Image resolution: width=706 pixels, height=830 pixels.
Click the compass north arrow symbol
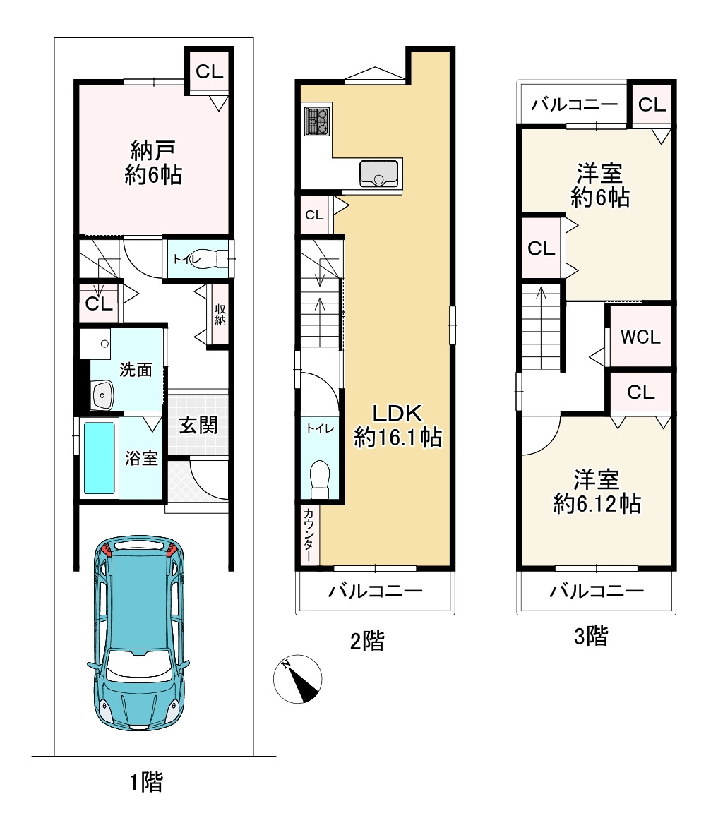(298, 679)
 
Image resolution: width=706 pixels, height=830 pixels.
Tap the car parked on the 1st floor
(139, 633)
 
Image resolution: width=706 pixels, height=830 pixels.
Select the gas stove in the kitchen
(317, 121)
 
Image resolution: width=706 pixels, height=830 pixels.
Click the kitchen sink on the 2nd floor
(378, 173)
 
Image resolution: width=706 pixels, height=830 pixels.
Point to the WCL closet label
(640, 337)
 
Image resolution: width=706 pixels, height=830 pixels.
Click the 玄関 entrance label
(198, 425)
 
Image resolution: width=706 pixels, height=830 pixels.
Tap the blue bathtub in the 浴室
(100, 458)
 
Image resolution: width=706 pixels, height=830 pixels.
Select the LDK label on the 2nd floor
(397, 413)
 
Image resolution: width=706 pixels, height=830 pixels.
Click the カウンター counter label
(309, 535)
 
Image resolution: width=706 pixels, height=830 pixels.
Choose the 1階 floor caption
(147, 782)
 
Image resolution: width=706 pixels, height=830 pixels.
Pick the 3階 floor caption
(591, 636)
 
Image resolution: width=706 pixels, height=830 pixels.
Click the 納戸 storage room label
(153, 151)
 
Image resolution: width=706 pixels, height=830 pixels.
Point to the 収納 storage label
(220, 315)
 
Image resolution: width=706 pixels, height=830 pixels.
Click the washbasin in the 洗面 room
(102, 395)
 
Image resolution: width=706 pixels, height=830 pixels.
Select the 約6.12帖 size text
(597, 503)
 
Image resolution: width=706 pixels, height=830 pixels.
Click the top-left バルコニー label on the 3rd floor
(575, 104)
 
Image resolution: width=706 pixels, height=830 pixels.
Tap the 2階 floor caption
(367, 641)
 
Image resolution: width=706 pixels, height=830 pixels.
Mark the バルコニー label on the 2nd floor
(376, 591)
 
